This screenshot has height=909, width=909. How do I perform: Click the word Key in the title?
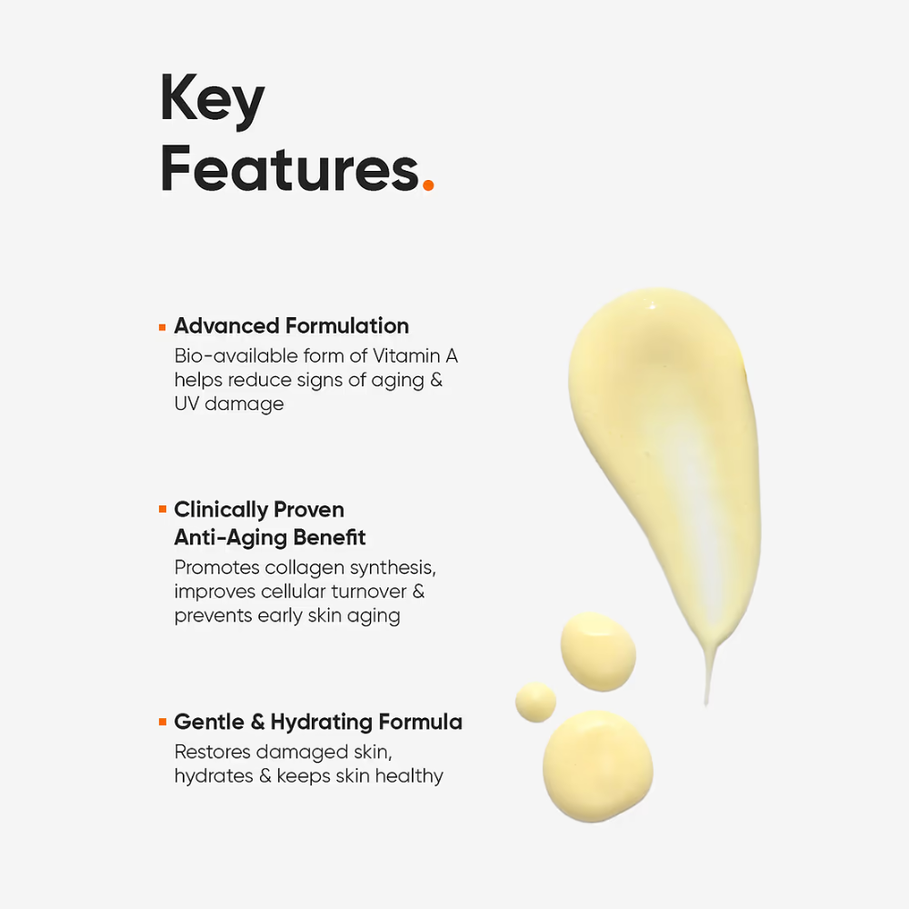(x=212, y=100)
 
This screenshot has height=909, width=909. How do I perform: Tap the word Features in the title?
(x=289, y=169)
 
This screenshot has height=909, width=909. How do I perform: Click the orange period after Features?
(x=428, y=186)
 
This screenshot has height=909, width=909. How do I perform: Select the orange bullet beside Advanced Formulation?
(x=162, y=325)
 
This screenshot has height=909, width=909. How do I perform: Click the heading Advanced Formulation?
(x=291, y=325)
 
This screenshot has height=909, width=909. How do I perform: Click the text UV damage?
(x=229, y=404)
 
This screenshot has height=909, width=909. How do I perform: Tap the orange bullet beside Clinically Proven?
(x=162, y=509)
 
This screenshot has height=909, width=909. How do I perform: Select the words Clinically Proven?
(x=259, y=509)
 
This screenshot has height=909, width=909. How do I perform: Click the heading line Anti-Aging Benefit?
(x=270, y=537)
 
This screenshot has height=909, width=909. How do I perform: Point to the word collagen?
(x=305, y=567)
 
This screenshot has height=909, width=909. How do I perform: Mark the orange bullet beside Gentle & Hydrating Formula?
(x=162, y=723)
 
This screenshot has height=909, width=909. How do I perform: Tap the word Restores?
(x=212, y=752)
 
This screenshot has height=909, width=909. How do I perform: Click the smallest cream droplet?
(x=535, y=702)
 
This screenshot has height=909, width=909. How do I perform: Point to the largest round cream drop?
(x=597, y=765)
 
